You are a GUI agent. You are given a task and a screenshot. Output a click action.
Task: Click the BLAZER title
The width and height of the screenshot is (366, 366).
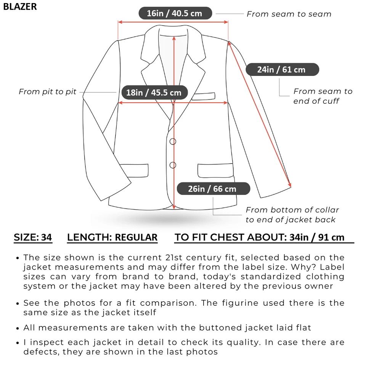(x=20, y=7)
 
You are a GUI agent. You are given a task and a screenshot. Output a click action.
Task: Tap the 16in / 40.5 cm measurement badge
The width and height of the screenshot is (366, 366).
(x=174, y=13)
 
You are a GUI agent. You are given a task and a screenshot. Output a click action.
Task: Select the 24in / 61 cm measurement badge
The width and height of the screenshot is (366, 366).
(x=281, y=69)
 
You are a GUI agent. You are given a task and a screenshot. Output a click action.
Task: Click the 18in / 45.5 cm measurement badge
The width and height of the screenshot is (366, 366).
(x=154, y=92)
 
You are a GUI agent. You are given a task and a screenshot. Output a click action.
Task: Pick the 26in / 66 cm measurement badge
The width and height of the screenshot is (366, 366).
(x=212, y=189)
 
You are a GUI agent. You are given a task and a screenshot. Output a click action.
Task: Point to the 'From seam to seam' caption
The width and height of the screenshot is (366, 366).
(x=289, y=14)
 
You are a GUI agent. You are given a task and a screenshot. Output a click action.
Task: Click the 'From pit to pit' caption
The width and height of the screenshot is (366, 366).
(x=47, y=91)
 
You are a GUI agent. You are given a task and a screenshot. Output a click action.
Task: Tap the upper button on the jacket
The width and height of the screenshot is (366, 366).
(x=173, y=141)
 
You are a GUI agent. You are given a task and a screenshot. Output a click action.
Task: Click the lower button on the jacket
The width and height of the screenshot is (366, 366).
(x=173, y=165)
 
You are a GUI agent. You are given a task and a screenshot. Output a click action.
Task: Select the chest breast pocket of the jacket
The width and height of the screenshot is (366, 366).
(x=203, y=96)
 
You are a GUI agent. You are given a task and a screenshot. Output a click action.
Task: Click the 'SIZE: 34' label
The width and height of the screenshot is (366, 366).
(x=33, y=238)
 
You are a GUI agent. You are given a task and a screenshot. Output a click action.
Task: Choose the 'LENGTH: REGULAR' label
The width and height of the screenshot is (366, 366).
(x=112, y=238)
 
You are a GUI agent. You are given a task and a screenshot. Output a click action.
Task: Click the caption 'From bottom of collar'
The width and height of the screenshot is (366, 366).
(x=292, y=210)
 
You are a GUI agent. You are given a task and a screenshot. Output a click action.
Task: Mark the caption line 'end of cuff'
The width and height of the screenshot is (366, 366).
(x=316, y=101)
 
